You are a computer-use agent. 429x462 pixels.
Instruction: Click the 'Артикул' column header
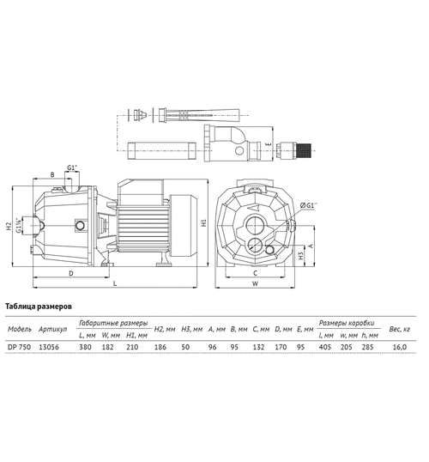pyautogui.click(x=53, y=329)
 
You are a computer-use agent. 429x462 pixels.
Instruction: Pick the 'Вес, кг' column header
pyautogui.click(x=399, y=329)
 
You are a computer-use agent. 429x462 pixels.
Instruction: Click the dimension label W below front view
pyautogui.click(x=255, y=283)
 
